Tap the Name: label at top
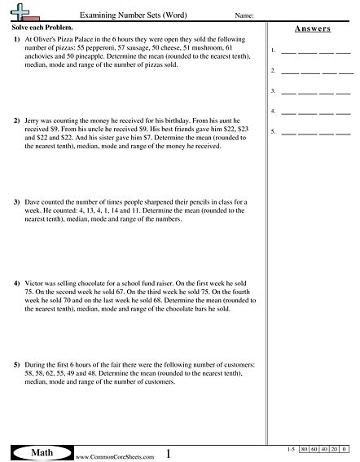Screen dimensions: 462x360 pos(243,15)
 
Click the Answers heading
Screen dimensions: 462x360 pos(311,29)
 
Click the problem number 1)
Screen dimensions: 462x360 pos(17,40)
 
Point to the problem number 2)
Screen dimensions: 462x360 pos(17,121)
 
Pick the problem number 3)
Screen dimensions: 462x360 pos(17,200)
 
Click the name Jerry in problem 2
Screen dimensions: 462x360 pos(33,121)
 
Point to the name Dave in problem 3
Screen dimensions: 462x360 pos(33,200)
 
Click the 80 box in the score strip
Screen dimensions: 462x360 pos(304,449)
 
